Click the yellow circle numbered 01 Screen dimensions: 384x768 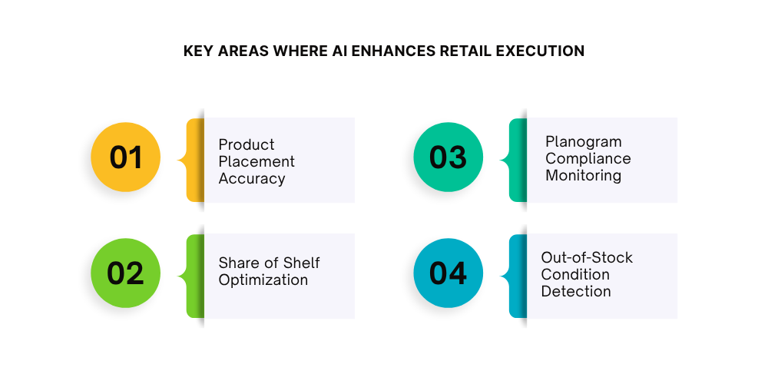point(126,157)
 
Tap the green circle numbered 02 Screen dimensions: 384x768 point(126,273)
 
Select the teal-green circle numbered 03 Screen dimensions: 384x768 point(449,157)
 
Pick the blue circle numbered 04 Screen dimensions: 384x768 point(449,273)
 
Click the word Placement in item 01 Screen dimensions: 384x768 point(257,161)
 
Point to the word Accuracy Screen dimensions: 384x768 point(252,178)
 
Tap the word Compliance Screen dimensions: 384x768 point(588,158)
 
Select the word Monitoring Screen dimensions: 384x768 point(583,175)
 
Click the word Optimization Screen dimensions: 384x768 point(263,280)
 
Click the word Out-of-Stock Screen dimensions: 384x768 point(587,257)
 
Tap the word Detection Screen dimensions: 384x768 point(576,291)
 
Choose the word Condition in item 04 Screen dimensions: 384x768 point(575,274)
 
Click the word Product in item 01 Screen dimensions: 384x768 point(247,144)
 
